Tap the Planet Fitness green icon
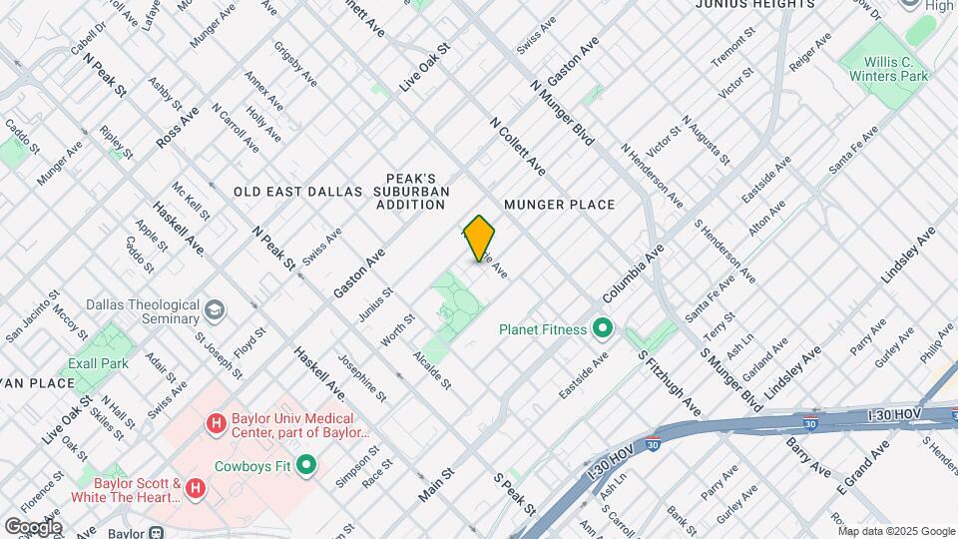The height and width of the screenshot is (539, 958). [602, 327]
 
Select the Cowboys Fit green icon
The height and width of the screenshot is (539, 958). [307, 465]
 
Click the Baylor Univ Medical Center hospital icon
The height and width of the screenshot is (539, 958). [215, 425]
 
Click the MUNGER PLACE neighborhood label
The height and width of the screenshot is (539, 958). [559, 205]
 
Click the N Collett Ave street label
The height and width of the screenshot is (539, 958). [518, 147]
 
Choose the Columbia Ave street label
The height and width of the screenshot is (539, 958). [633, 275]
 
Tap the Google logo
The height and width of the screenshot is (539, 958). [33, 526]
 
